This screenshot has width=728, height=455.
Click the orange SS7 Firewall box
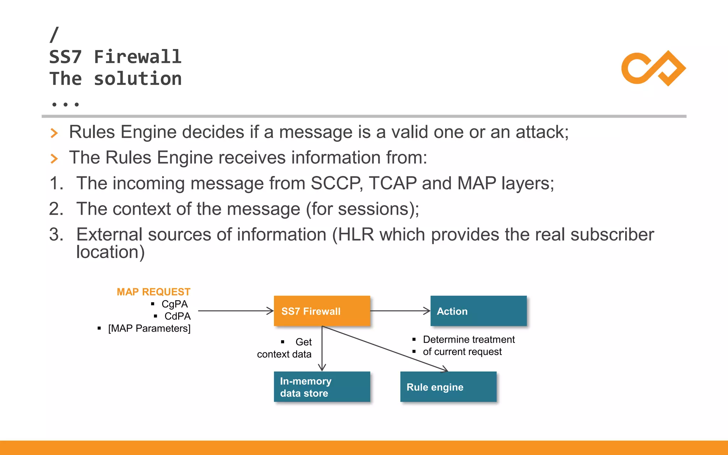(x=322, y=311)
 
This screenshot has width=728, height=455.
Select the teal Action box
(x=478, y=311)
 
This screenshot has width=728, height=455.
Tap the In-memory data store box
(x=322, y=387)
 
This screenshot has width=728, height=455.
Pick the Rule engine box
(x=448, y=387)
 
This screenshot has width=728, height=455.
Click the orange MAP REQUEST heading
(x=154, y=292)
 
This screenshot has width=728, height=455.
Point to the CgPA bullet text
(x=175, y=304)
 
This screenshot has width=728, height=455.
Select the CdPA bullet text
(x=177, y=316)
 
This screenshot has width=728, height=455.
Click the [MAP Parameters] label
(x=149, y=328)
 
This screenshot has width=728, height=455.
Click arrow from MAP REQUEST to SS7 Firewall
(x=235, y=311)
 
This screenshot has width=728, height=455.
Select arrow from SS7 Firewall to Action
(x=400, y=311)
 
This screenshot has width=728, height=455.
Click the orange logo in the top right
(x=653, y=68)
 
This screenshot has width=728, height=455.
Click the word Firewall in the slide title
(x=138, y=57)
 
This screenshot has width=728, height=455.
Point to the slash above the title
(x=54, y=35)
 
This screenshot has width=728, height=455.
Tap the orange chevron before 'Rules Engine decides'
(x=54, y=133)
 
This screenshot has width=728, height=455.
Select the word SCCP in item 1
(x=336, y=183)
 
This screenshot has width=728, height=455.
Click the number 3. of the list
(x=56, y=235)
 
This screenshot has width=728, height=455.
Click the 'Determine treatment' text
(x=469, y=340)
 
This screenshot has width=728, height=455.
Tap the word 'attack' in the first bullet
(x=540, y=132)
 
